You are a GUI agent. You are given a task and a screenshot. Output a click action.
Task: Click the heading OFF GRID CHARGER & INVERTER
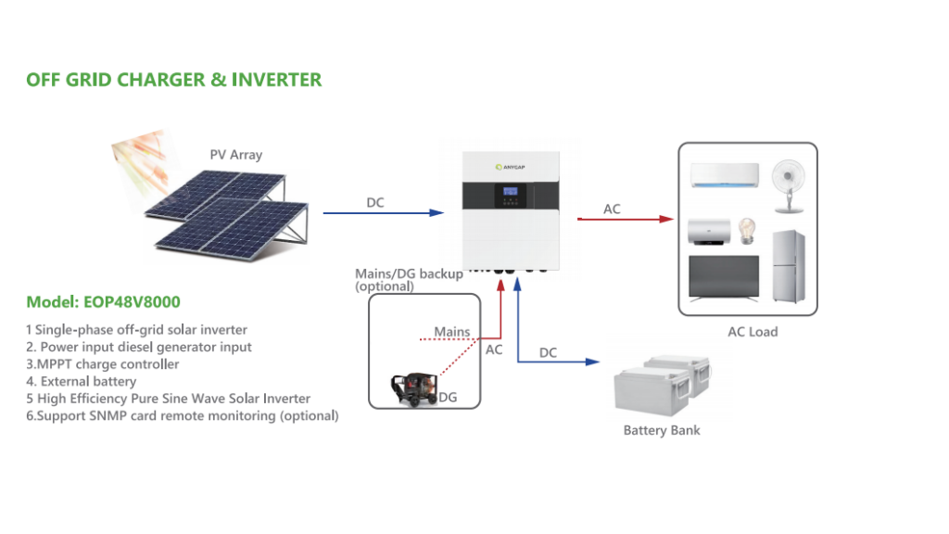click(174, 80)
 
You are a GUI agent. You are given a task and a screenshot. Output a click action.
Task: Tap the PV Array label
click(235, 155)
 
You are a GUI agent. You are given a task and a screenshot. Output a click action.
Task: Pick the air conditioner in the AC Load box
click(724, 175)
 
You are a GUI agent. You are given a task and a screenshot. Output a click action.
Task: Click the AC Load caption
click(752, 332)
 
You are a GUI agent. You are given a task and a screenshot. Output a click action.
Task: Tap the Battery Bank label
click(661, 431)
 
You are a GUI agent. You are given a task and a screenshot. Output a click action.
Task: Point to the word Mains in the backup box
click(452, 332)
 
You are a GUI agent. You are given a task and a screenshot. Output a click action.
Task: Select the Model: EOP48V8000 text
click(103, 302)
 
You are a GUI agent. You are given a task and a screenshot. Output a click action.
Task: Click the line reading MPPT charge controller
click(102, 364)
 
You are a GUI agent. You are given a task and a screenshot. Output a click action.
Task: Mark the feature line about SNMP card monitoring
click(182, 416)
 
